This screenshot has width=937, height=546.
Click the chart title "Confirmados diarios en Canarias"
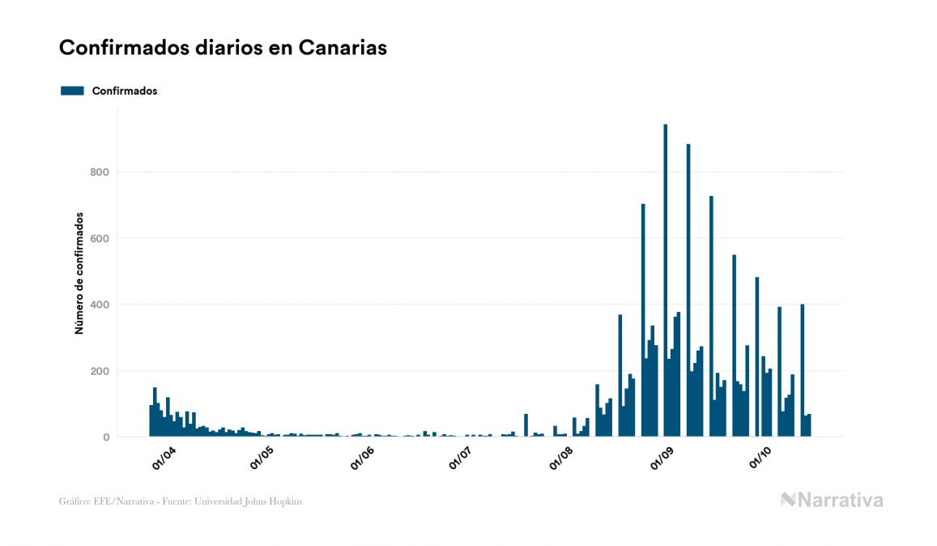click(223, 48)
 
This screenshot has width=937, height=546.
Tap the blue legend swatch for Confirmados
click(72, 91)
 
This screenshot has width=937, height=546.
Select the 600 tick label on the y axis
click(98, 238)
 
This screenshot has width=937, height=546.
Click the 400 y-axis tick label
click(98, 305)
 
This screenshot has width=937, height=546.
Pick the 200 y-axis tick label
click(98, 371)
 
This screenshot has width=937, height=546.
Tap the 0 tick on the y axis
click(105, 437)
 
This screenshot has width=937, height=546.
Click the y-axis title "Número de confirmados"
click(79, 274)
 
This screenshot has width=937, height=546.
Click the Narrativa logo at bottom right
click(832, 500)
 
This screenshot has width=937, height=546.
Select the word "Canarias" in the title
click(343, 48)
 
